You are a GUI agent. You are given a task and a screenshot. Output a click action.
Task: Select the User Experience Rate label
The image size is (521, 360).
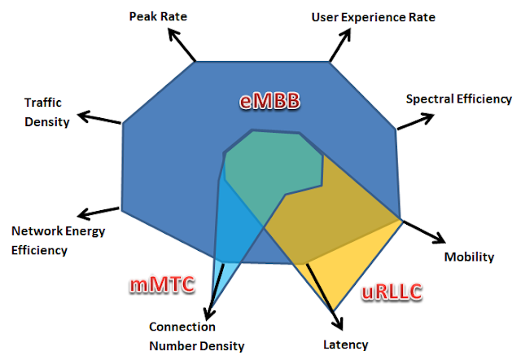373,17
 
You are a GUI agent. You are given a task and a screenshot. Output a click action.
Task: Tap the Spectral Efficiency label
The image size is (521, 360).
458,99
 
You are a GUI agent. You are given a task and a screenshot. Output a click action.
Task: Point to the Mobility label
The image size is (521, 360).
469,257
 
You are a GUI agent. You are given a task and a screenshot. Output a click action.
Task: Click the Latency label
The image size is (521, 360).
346,345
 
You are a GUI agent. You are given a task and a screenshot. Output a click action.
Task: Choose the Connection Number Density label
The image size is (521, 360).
196,336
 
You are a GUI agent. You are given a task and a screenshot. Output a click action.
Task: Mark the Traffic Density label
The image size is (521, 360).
46,112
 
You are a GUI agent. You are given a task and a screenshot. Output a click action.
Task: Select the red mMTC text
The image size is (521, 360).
162,285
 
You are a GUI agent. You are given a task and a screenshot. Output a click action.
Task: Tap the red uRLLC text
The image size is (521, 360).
392,292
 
